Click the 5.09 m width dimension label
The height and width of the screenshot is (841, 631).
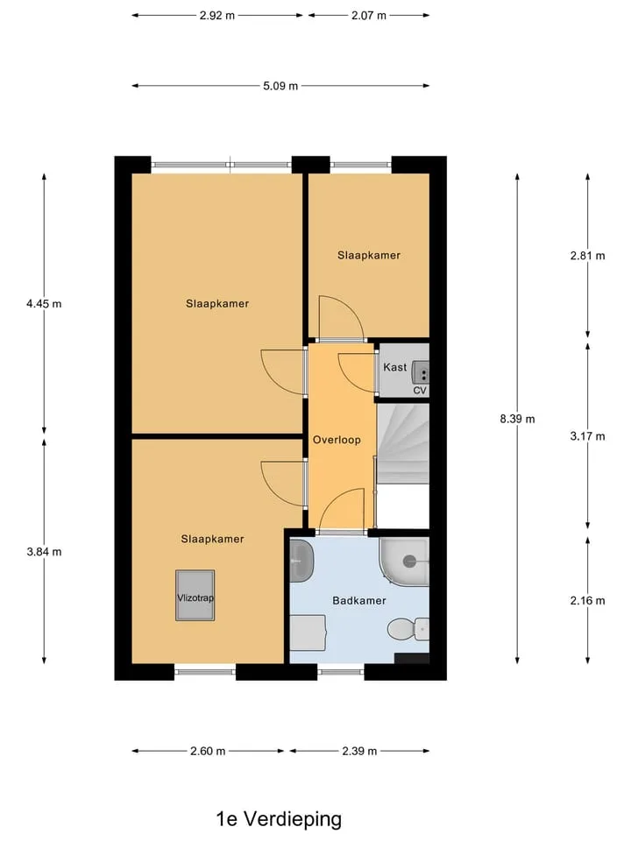point(280,86)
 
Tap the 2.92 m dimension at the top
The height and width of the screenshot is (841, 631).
point(216,16)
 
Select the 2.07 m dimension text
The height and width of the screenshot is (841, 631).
point(369,16)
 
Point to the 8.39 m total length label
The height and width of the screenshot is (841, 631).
point(517,419)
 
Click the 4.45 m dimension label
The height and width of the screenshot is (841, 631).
point(44,304)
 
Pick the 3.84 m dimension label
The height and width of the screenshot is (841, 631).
point(44,552)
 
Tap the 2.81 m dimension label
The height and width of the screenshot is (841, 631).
point(587,256)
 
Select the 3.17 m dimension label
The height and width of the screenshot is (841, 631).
point(587,436)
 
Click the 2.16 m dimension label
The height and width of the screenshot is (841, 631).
point(587,601)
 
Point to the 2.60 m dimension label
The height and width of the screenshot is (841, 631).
point(208,752)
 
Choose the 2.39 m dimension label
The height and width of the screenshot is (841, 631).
point(359,752)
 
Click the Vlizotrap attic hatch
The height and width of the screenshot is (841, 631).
point(195,596)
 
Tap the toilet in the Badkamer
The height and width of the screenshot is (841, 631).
point(408,629)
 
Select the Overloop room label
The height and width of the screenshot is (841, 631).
point(337,440)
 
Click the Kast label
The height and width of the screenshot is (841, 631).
point(395,367)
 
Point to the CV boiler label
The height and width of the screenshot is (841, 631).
point(420,391)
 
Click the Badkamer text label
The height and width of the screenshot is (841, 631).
point(359,601)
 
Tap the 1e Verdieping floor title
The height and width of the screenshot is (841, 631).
point(279,819)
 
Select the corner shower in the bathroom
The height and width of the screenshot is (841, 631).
point(405,562)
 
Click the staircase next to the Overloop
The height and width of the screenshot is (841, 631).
point(403,444)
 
